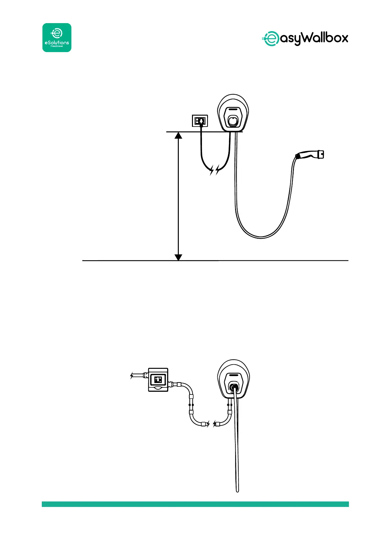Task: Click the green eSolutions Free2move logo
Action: point(57,38)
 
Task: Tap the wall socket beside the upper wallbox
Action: point(200,121)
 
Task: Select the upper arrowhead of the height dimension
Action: point(178,135)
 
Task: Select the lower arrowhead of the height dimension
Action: point(178,257)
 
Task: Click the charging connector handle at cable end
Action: point(309,155)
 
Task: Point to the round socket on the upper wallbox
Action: point(233,121)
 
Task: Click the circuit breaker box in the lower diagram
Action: point(158,380)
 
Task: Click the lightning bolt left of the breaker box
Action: point(132,375)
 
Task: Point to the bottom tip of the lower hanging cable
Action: point(237,490)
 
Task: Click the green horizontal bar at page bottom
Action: point(195,504)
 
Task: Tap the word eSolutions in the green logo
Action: point(57,42)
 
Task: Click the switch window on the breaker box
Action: point(158,379)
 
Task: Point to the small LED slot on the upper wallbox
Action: point(233,108)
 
